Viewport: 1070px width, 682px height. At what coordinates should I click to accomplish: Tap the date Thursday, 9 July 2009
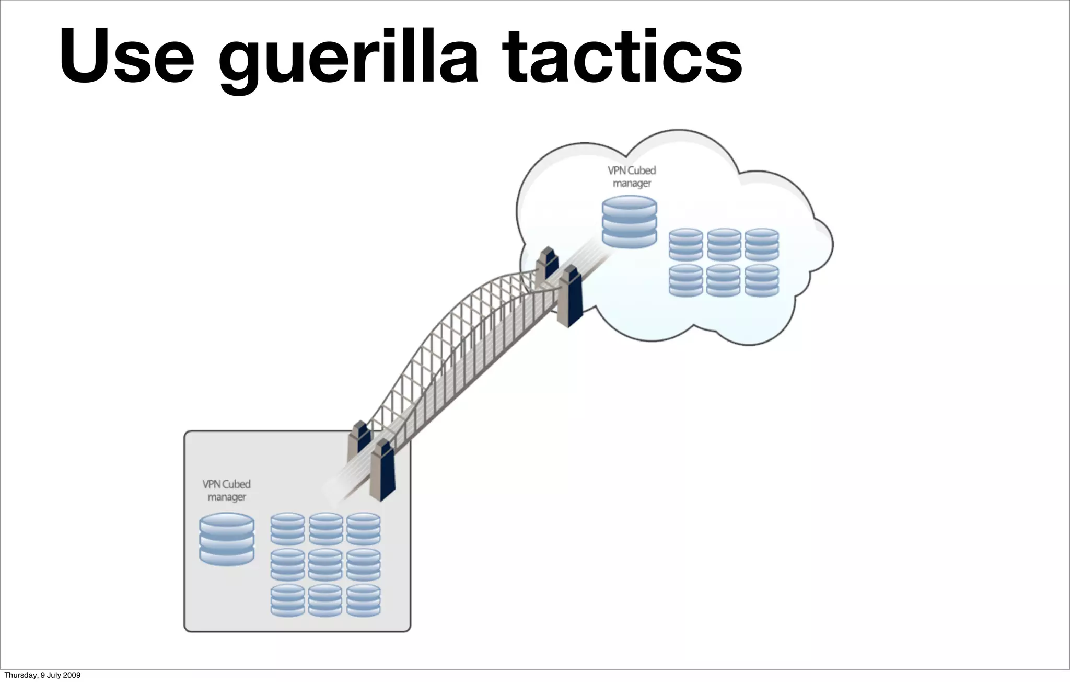(42, 675)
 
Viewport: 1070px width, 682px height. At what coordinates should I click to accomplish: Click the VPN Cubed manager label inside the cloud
(631, 177)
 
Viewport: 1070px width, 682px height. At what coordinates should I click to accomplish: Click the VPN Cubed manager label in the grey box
(226, 491)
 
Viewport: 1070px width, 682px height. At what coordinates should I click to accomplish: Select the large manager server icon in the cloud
(629, 221)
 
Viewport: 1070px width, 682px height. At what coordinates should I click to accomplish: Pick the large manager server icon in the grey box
(227, 539)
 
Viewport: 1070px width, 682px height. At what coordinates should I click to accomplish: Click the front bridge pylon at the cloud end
(569, 295)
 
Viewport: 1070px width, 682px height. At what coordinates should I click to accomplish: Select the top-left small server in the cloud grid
(685, 244)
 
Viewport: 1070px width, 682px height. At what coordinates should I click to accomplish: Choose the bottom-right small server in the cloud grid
(761, 280)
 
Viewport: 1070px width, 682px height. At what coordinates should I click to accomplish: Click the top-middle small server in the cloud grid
(724, 244)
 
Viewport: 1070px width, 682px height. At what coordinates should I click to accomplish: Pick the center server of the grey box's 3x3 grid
(325, 565)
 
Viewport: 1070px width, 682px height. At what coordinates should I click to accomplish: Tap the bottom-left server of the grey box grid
(287, 600)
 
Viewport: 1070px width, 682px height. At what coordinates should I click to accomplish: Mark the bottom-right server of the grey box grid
(363, 600)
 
